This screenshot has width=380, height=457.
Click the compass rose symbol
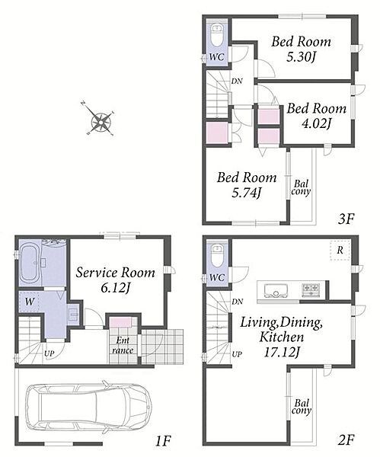coord(100,121)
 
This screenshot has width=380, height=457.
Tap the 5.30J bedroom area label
coord(301,49)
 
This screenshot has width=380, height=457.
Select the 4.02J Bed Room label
coord(317,116)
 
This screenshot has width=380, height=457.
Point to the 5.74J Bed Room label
coord(247,185)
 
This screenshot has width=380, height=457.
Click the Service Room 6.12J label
coord(116,280)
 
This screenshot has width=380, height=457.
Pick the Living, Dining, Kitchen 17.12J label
coord(281,337)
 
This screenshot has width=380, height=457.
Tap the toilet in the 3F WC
coord(216,35)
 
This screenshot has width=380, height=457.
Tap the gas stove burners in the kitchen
coord(311,290)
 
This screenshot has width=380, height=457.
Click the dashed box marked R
coord(340,250)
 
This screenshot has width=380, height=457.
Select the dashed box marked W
coord(30,302)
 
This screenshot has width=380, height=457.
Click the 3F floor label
coord(346,219)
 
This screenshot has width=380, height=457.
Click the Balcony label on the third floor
coord(301,188)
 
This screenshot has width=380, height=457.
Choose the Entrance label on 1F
coord(123,345)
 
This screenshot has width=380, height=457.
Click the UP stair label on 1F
coord(49,353)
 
